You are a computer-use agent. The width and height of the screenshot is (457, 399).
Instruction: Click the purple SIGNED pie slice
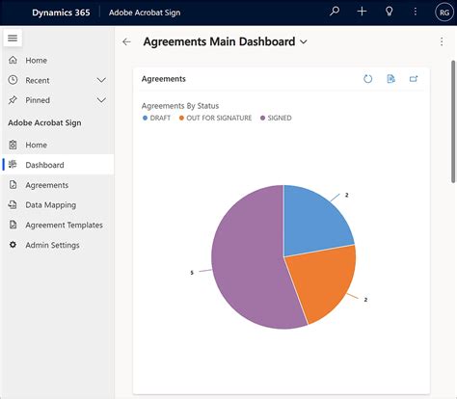point(241,260)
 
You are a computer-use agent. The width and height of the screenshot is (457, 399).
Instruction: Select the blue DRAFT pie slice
point(315,223)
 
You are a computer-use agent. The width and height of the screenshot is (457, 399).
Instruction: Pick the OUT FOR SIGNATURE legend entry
point(216,118)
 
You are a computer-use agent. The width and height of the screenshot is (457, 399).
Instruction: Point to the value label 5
point(192,273)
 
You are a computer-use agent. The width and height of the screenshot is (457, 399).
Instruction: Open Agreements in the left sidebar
point(46,185)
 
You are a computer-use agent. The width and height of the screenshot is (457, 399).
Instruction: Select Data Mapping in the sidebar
point(50,205)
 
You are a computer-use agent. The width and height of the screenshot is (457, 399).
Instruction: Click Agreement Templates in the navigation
point(64,225)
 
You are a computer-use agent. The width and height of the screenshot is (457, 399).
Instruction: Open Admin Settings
point(52,245)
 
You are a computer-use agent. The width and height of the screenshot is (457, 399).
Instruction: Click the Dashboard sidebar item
point(44,165)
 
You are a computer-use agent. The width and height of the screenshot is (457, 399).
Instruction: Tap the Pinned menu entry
point(38,99)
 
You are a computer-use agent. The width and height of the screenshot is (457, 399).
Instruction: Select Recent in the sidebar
point(38,80)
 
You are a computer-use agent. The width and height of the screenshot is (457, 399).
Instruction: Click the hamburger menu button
point(13,38)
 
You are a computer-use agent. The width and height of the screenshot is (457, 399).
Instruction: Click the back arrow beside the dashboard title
point(126,42)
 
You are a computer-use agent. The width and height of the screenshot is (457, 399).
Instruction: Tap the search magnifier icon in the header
point(335,12)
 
